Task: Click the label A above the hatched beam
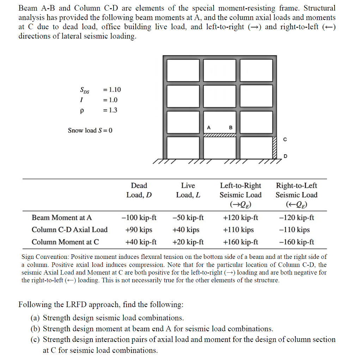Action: [209, 127]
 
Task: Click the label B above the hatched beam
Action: [231, 127]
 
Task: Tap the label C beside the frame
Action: [284, 139]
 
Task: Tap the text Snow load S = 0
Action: [90, 130]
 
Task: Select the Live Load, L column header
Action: [188, 190]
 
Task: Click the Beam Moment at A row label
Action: [62, 218]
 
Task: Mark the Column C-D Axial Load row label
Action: [69, 230]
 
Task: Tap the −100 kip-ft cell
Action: [139, 218]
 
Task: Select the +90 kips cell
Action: [139, 230]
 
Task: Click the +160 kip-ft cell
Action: [240, 242]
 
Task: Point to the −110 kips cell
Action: [296, 230]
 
